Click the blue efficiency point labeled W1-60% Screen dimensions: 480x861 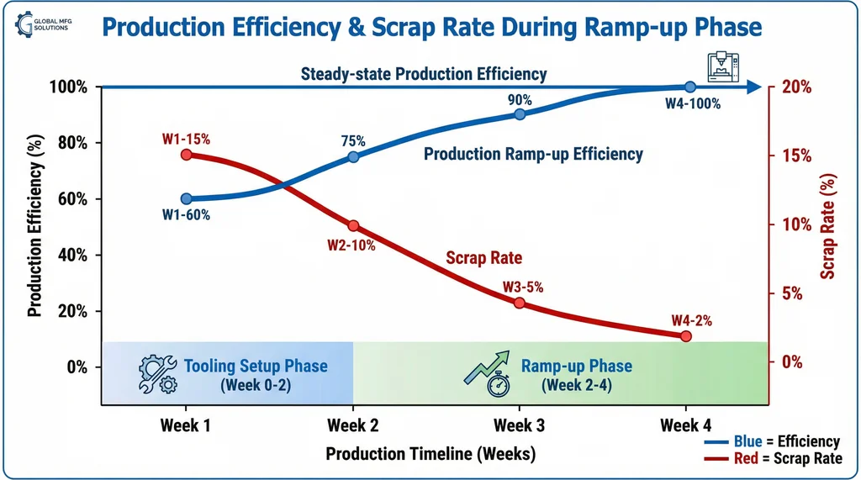[x=186, y=199]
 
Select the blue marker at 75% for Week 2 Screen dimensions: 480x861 [x=353, y=157]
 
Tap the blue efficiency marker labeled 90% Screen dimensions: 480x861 [x=520, y=114]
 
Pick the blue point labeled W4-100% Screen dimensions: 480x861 [x=689, y=87]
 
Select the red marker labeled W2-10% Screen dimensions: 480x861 [x=353, y=225]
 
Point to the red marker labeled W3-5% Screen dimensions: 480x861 [x=520, y=303]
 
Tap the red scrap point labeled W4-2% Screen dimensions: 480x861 [x=685, y=336]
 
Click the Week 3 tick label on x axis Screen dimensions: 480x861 [x=519, y=425]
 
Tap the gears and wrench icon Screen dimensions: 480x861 [x=157, y=373]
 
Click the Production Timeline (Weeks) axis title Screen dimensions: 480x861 [x=430, y=455]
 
